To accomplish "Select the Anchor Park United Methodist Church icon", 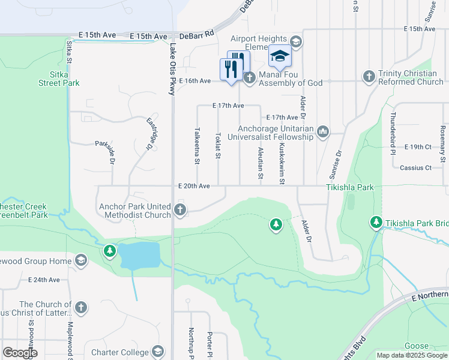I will point(180,209).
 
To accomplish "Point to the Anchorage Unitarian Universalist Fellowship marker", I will point(323,131).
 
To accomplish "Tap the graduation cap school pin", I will point(280,56).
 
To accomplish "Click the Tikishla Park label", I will point(350,187).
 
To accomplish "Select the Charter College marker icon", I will point(158,352).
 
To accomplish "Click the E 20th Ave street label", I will point(194,186).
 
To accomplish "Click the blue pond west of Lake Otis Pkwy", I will point(140,255).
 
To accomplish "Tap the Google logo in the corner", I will point(20,353).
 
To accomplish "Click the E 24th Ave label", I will point(44,280).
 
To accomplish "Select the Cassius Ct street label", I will point(415,167).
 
